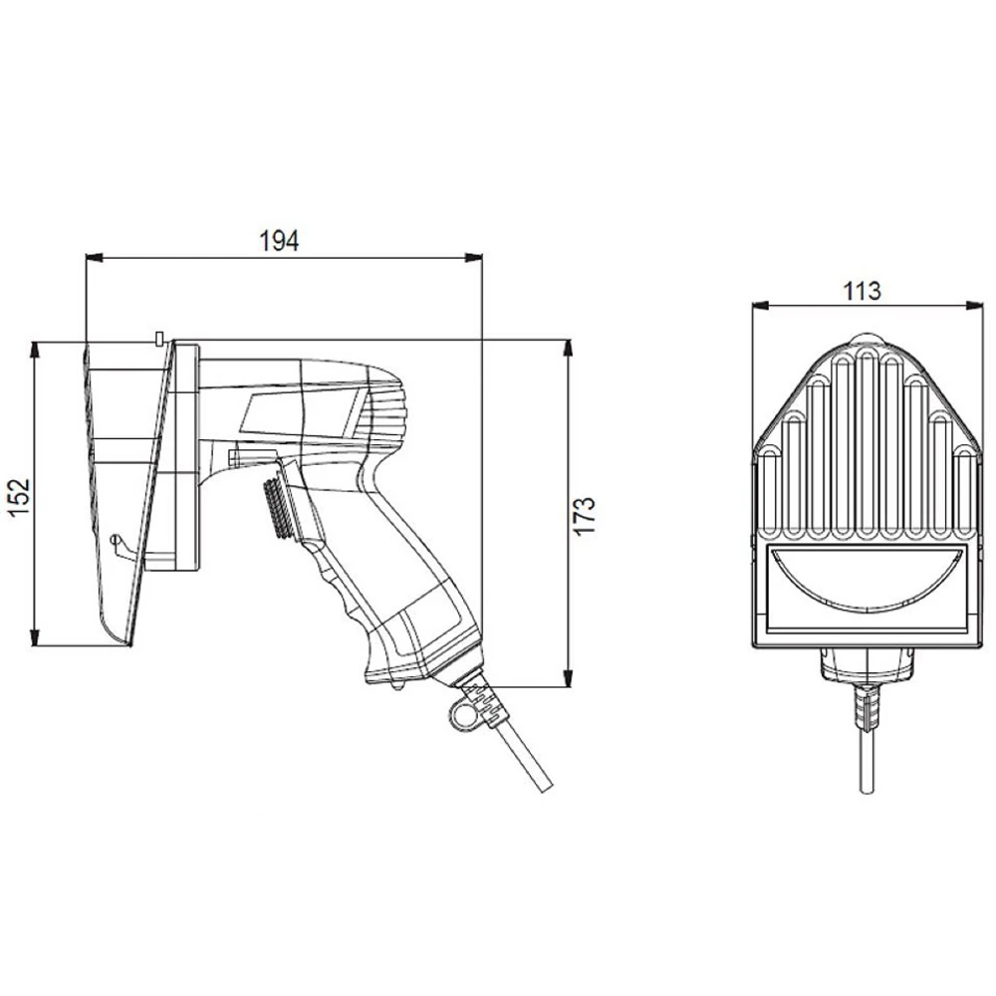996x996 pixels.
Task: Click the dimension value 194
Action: pos(279,241)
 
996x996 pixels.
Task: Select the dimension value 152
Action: pos(20,496)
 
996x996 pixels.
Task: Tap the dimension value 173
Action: pos(585,516)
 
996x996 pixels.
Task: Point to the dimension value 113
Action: pos(862,290)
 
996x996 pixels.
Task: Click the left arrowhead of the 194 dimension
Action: pos(94,257)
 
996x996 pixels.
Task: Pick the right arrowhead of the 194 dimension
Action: pos(474,257)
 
